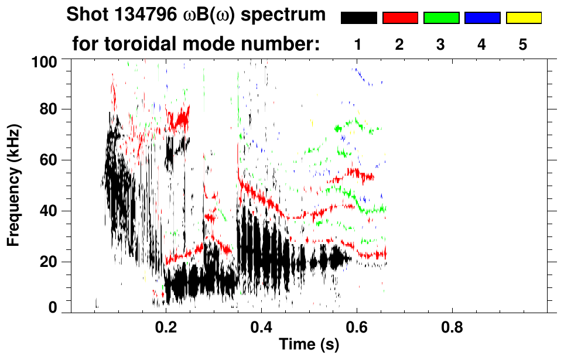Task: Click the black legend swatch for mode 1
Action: tap(358, 18)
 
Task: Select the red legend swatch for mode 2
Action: tap(400, 18)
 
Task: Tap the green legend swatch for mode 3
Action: tap(441, 18)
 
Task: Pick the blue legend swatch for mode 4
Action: tap(482, 18)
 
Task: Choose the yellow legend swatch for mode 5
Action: tap(524, 18)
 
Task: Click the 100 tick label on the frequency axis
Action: tap(45, 61)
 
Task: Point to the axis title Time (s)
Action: tap(308, 345)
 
